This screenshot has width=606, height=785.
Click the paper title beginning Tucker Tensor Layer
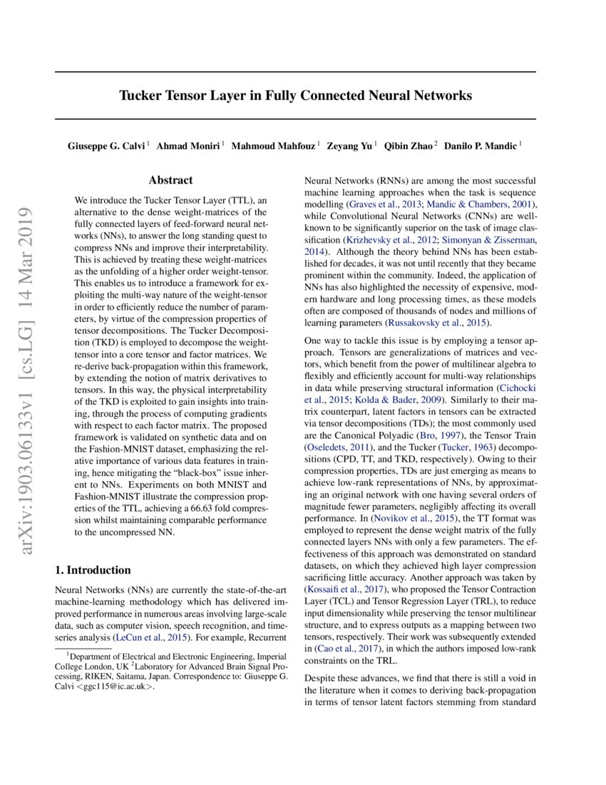pyautogui.click(x=295, y=95)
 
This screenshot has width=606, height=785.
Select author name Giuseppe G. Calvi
pyautogui.click(x=107, y=146)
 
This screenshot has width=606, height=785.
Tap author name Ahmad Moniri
pyautogui.click(x=188, y=146)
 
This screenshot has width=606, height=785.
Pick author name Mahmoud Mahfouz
pyautogui.click(x=274, y=146)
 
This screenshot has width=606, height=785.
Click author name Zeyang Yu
pyautogui.click(x=349, y=146)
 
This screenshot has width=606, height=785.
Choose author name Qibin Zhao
pyautogui.click(x=409, y=146)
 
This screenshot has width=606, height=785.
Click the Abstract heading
pyautogui.click(x=170, y=181)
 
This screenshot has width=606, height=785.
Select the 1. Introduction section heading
pyautogui.click(x=93, y=569)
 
